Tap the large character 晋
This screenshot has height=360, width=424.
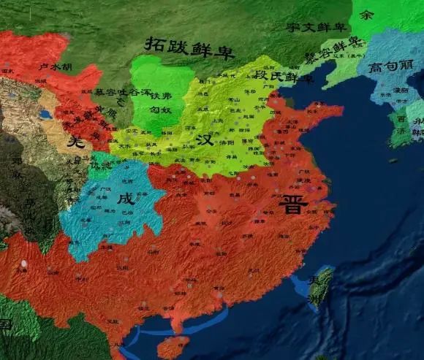tap(293, 204)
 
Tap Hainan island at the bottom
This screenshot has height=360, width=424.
tap(173, 346)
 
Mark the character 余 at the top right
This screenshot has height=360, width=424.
tap(366, 14)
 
